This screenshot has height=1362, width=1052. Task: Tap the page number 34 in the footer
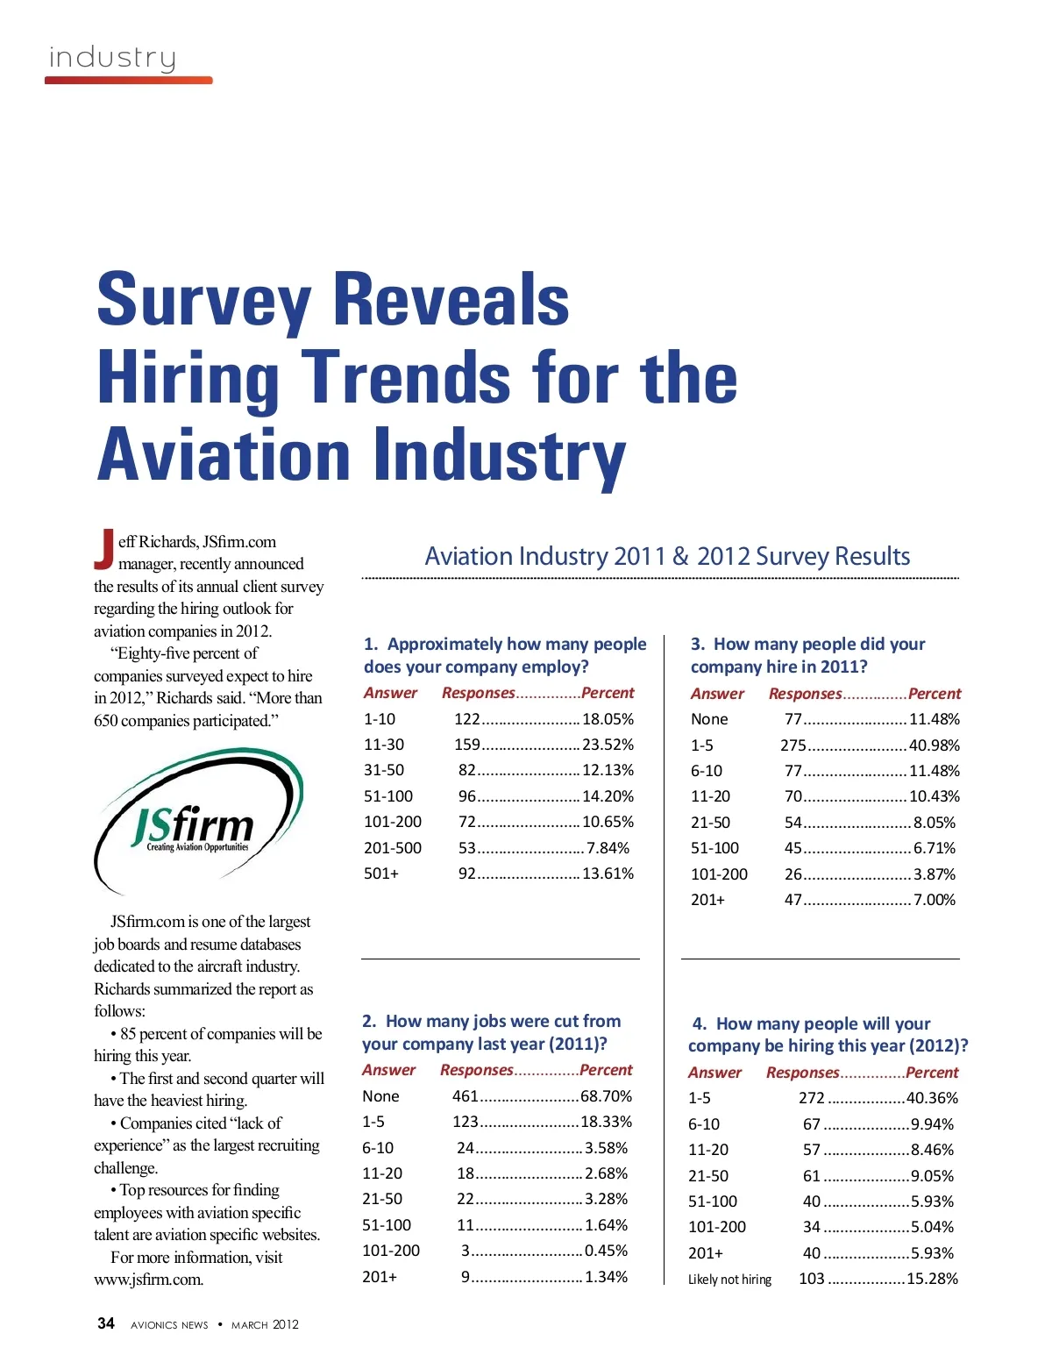(x=106, y=1323)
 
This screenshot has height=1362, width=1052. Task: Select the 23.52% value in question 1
(x=608, y=745)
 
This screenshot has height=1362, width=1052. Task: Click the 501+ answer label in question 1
(x=381, y=874)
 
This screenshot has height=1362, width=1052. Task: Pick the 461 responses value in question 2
(x=466, y=1096)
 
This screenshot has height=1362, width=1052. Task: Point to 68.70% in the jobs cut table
(x=606, y=1096)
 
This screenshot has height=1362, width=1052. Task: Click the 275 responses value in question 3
(x=793, y=745)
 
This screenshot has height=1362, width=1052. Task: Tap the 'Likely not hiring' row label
(x=729, y=1280)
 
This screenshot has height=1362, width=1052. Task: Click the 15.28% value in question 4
(x=932, y=1279)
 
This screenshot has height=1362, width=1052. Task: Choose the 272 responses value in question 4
(x=812, y=1098)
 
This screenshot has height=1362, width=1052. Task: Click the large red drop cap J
(x=104, y=547)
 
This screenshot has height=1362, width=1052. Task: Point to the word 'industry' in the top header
(x=112, y=58)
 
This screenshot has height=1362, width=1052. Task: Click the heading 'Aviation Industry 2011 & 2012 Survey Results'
(x=667, y=557)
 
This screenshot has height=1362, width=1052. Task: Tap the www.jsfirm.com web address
(x=148, y=1280)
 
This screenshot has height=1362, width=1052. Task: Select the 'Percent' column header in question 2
(x=606, y=1070)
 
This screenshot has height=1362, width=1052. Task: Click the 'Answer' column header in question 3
(x=717, y=694)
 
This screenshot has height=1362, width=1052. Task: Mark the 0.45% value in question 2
(x=606, y=1251)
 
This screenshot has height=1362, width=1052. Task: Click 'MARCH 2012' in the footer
(x=265, y=1325)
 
